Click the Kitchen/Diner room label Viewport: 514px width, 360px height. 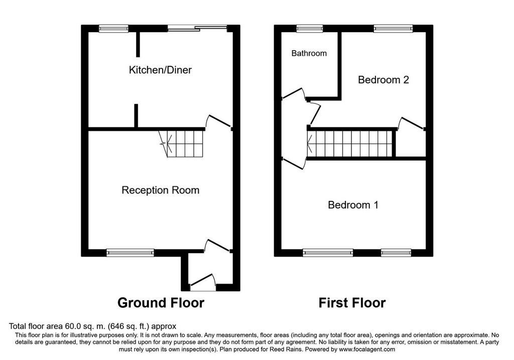click(160, 70)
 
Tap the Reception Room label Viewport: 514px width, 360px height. click(160, 190)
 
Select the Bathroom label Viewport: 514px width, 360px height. click(309, 53)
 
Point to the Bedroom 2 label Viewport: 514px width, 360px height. click(383, 80)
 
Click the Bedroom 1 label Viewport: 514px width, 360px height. click(353, 205)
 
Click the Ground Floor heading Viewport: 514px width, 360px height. click(161, 303)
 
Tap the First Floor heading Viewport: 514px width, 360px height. click(352, 303)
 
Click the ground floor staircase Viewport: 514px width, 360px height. click(181, 144)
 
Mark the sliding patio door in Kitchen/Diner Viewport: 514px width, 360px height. click(197, 29)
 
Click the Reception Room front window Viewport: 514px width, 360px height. click(130, 253)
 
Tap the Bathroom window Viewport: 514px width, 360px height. click(310, 29)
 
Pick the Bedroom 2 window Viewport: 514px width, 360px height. click(393, 29)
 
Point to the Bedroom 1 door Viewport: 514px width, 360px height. click(294, 163)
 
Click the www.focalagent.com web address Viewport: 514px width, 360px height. click(367, 349)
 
